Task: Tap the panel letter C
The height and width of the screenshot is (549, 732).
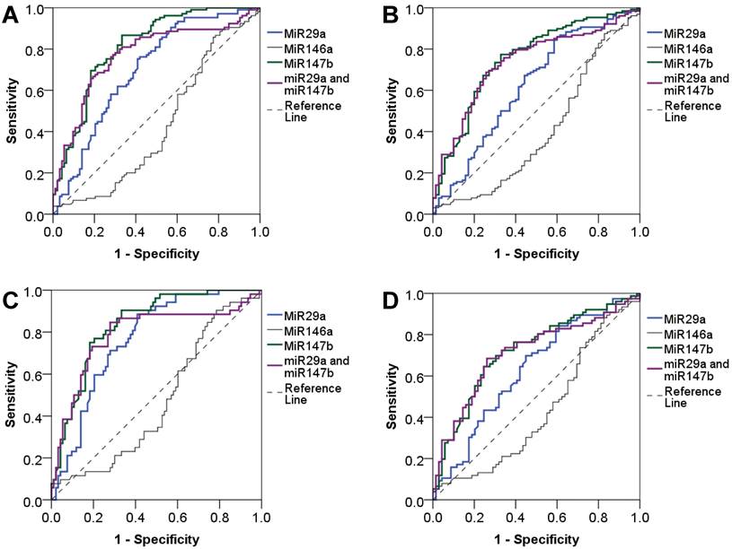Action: click(x=12, y=299)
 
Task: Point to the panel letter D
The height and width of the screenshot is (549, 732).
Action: click(x=392, y=299)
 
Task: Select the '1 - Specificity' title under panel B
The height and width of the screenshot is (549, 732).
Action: click(x=537, y=253)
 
